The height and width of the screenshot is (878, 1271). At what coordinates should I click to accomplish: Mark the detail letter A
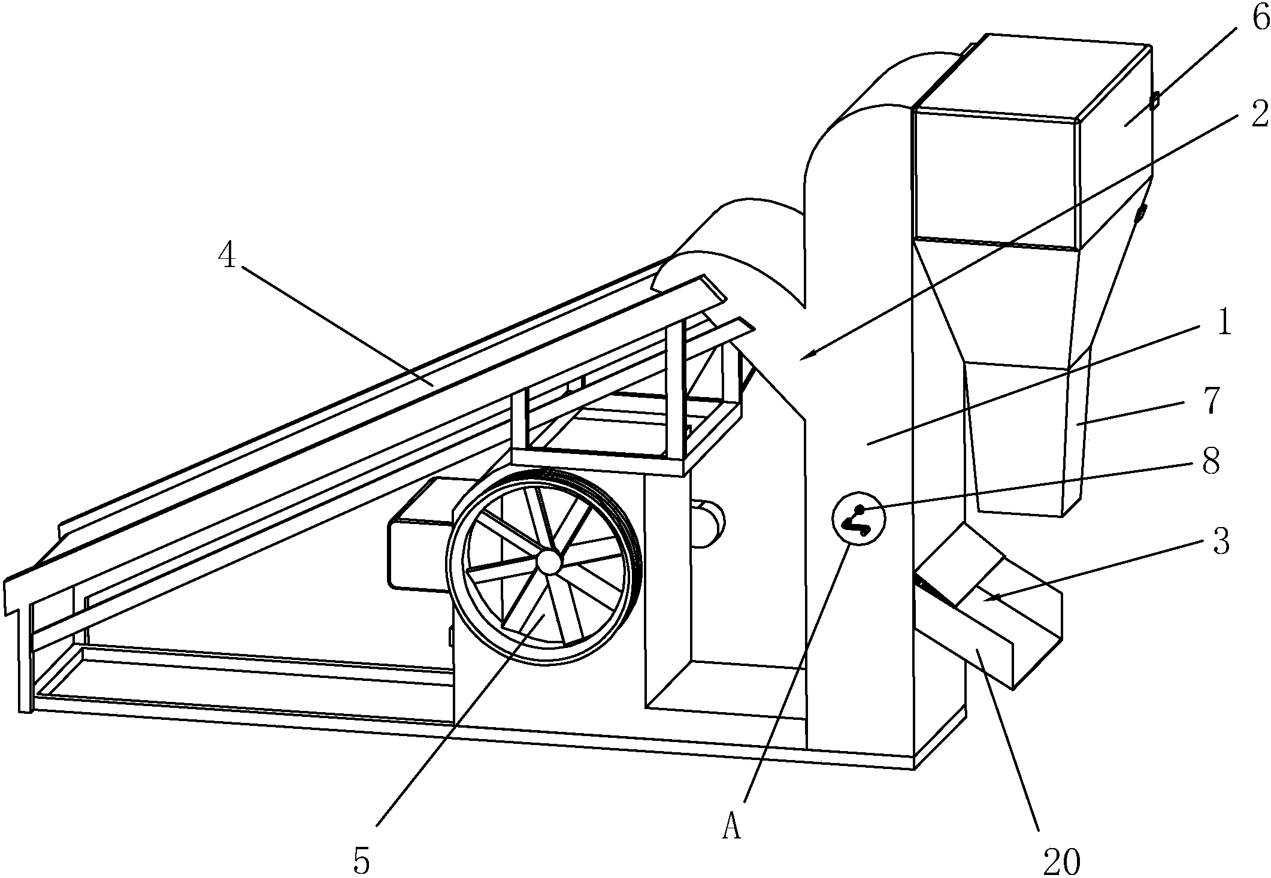[731, 828]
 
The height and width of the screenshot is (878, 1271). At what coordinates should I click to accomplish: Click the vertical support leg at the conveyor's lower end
[24, 659]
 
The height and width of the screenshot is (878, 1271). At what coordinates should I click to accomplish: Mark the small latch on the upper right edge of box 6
[1154, 101]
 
